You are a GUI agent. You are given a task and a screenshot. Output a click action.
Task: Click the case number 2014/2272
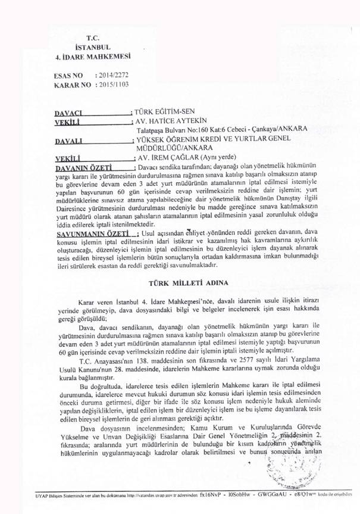(114, 76)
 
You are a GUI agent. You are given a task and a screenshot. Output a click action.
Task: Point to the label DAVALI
(67, 141)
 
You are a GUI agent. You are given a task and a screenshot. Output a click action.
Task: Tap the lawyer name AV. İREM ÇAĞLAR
(165, 159)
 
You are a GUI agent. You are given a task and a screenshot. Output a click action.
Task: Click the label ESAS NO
(67, 76)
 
